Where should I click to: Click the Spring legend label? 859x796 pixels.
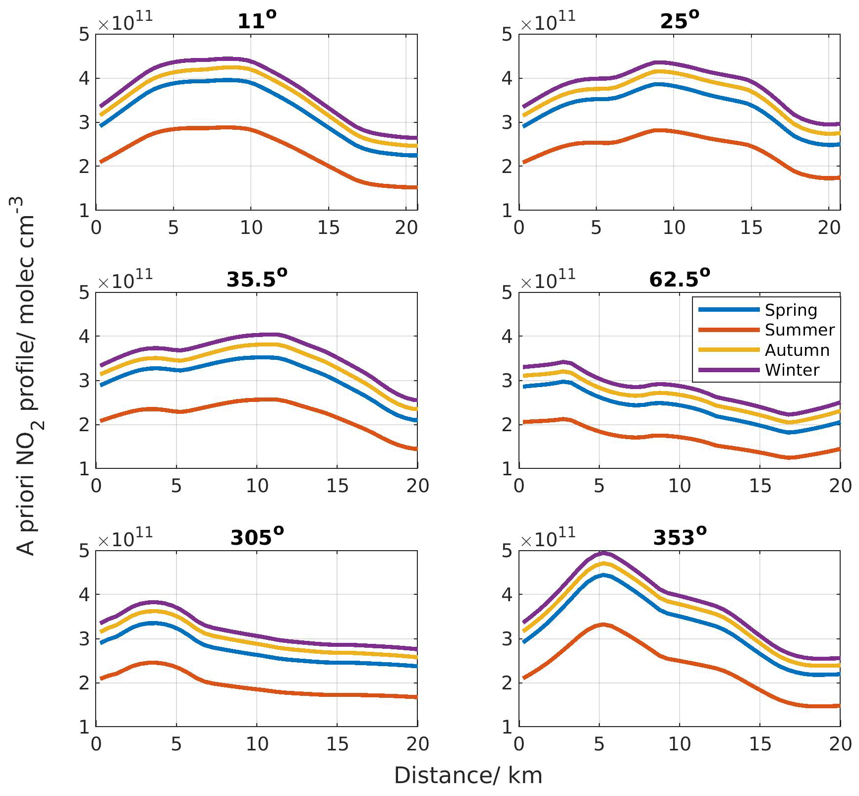791,310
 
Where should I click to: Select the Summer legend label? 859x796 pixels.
800,330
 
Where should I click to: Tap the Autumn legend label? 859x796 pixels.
797,350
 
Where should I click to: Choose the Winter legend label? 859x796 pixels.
792,370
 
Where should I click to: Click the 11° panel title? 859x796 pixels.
257,21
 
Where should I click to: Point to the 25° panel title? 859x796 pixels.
680,21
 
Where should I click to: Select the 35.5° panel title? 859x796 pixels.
257,280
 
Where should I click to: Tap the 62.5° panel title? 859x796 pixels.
680,280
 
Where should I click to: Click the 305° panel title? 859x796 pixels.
257,538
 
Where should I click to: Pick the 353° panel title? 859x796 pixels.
680,538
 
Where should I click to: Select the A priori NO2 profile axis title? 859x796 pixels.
28,377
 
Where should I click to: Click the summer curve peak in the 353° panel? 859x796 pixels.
603,625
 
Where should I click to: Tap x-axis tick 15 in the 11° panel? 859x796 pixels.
328,228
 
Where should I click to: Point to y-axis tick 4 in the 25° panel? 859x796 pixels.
507,78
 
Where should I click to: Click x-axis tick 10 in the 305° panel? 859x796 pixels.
257,744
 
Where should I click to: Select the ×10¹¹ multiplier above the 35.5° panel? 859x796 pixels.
125,280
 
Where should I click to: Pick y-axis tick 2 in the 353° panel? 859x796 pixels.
507,683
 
